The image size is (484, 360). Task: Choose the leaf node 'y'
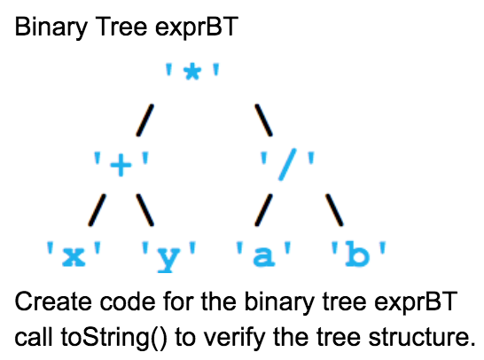tap(168, 256)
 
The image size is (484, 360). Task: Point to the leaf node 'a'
tap(264, 256)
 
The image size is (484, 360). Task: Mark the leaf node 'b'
tap(357, 256)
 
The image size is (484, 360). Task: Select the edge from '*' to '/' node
tap(263, 117)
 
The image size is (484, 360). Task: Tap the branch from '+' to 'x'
tap(98, 210)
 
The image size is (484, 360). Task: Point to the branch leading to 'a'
tap(263, 210)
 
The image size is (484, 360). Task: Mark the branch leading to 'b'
tap(333, 210)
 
